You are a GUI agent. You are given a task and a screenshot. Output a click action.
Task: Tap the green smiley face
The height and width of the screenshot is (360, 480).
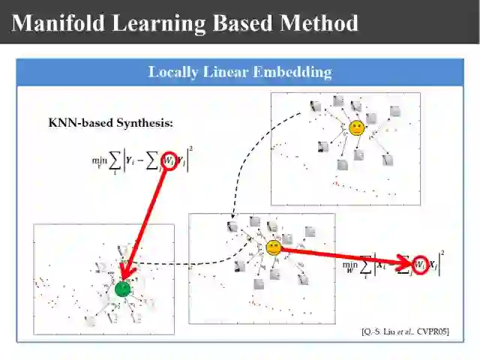point(123,288)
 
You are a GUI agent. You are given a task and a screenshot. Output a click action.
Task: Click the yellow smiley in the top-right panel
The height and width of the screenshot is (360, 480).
point(356,127)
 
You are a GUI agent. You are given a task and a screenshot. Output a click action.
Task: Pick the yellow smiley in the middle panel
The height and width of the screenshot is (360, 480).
point(274,247)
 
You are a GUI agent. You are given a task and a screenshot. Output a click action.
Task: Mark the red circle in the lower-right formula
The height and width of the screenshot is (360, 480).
point(420,265)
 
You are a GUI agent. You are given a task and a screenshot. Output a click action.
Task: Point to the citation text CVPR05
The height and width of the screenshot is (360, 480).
point(433,331)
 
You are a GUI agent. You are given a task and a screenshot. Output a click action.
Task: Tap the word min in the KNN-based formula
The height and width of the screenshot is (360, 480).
point(99,160)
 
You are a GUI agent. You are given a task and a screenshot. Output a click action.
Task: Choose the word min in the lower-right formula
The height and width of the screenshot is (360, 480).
point(350,264)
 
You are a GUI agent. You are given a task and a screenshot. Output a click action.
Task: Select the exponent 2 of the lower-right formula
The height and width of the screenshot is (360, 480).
point(442,253)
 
